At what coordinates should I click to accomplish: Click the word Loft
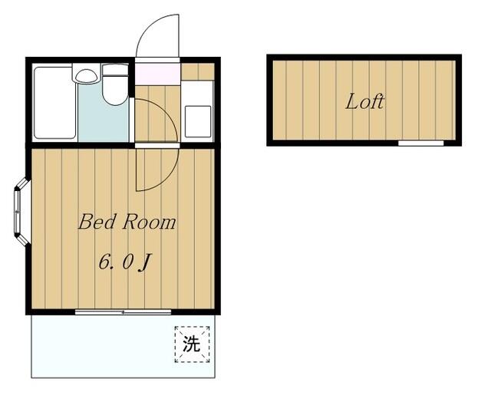click(x=364, y=101)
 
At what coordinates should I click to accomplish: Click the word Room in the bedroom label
click(x=149, y=222)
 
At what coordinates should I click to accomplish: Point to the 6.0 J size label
click(x=125, y=262)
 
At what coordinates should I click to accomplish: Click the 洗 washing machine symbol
click(x=192, y=344)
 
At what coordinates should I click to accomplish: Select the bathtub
click(x=55, y=102)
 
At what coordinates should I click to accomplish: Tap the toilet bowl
click(x=115, y=91)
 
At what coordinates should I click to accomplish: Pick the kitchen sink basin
click(x=198, y=121)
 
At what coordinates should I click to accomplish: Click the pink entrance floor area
click(x=157, y=74)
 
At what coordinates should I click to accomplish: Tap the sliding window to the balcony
click(x=123, y=311)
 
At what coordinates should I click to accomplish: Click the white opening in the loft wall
click(x=421, y=143)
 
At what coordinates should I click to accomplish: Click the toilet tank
click(x=115, y=70)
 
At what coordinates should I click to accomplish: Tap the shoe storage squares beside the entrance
click(x=198, y=71)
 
